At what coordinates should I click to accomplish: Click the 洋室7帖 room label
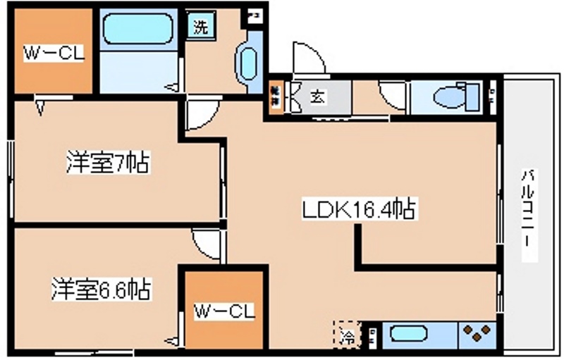point(107,163)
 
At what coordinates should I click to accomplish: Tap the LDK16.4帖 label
point(357,209)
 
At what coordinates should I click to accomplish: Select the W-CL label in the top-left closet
point(54,54)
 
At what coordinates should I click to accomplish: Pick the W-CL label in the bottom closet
point(223,311)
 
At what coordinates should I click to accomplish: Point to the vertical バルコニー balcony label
point(527,215)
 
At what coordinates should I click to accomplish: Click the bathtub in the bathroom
point(138,30)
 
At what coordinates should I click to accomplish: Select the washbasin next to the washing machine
point(248,63)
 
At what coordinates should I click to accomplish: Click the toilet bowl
point(451,97)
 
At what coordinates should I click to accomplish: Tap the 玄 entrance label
point(318,97)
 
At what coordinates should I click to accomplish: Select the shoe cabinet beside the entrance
point(276,97)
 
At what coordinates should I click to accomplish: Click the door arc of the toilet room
point(392,95)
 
